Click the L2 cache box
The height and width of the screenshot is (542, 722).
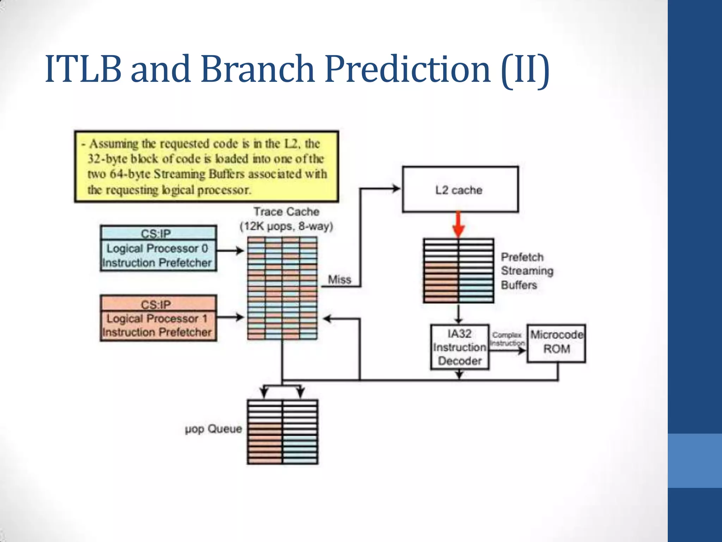click(460, 189)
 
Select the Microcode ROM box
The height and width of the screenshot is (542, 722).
click(556, 343)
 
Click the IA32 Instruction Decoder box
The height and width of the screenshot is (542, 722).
click(459, 347)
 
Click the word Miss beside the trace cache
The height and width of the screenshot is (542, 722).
click(339, 280)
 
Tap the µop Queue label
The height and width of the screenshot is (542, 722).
click(213, 429)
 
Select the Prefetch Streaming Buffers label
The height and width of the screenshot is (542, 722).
click(527, 271)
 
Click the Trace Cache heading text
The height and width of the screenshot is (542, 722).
click(286, 212)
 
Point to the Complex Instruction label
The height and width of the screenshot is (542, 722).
click(507, 339)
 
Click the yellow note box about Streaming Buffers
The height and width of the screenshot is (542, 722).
click(207, 167)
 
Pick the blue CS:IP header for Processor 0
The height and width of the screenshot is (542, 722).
click(158, 233)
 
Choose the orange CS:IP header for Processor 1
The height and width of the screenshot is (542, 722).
click(158, 304)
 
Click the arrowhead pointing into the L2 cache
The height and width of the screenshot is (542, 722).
click(396, 188)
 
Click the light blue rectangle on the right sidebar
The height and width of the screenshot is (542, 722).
click(695, 460)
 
